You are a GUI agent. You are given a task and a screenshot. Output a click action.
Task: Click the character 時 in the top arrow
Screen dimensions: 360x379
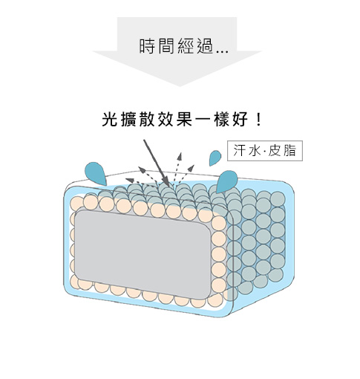148,46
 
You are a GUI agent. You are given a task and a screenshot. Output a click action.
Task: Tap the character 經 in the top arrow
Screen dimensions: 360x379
186,46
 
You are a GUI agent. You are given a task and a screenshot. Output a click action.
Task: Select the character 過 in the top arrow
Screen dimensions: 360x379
205,46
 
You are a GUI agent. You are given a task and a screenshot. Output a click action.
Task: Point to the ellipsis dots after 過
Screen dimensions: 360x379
222,52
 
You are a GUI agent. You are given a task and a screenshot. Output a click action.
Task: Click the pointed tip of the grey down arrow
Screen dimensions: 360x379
180,86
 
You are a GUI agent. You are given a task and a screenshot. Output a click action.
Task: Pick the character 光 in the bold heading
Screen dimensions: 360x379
110,119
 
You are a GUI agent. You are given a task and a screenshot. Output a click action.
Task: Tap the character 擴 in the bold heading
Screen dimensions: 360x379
128,119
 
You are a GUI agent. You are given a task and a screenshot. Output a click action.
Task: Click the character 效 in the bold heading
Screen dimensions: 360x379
166,119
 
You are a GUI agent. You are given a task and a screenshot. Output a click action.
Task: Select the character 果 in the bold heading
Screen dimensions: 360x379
185,119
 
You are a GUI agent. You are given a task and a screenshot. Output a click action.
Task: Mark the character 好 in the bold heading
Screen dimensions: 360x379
240,119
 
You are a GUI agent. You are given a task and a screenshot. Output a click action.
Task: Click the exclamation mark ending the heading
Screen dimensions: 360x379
259,119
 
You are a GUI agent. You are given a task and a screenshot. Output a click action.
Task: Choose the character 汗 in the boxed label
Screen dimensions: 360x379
240,151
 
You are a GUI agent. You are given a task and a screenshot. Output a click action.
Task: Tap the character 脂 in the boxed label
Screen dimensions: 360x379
289,151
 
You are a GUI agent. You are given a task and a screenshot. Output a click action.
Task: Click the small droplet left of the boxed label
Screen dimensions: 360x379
215,158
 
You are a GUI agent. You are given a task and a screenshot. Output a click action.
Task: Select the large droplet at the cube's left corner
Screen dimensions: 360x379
96,173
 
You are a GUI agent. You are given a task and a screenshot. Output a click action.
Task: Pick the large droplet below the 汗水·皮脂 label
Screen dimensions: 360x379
226,181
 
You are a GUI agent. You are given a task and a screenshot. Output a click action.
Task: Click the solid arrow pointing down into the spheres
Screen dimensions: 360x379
157,163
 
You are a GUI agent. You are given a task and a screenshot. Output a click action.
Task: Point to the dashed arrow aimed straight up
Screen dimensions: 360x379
178,169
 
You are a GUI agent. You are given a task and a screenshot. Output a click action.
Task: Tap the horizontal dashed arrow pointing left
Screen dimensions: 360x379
141,181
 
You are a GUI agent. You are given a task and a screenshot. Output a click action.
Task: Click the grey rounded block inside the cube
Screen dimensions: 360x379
143,253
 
